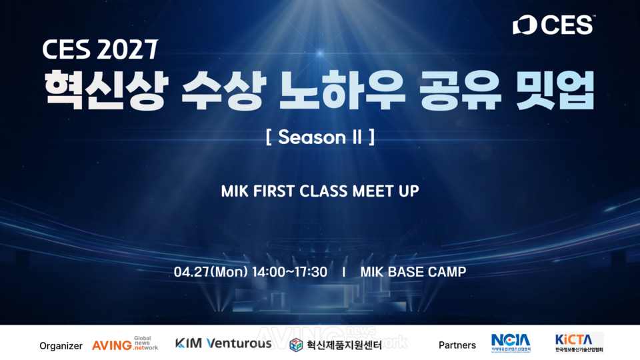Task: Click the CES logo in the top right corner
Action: (553, 25)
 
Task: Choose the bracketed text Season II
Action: (319, 137)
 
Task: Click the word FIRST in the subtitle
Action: (278, 191)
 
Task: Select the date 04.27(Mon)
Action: (211, 272)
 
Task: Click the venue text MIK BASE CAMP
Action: (413, 272)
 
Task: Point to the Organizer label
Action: (61, 345)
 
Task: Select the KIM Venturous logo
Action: (223, 343)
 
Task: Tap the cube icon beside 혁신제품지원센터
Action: (296, 345)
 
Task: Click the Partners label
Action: (457, 345)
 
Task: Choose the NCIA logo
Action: (511, 343)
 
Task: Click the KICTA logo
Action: (579, 343)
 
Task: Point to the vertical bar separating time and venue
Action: (343, 272)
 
